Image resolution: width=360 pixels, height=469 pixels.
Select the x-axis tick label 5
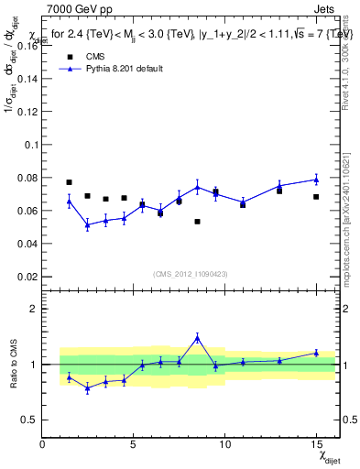coord(134,444)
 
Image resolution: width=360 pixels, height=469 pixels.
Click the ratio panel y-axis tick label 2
coord(34,309)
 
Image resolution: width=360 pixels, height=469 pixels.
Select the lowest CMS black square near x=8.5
coord(197,222)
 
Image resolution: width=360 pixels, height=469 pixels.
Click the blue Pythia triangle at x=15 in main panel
coord(316,180)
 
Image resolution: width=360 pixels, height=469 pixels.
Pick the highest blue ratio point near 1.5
coord(197,338)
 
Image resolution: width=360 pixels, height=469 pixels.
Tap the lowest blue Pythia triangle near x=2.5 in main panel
coord(87,224)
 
